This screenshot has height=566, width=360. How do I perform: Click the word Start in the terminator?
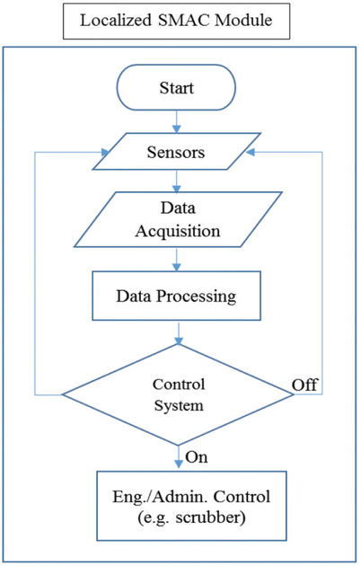coord(176,88)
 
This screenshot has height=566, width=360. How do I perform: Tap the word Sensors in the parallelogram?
coord(176,152)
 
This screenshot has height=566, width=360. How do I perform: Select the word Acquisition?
coord(178,232)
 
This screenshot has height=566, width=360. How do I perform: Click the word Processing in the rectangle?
coord(197,296)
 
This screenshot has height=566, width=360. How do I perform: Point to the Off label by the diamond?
coord(305,385)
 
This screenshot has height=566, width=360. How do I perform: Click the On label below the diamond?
coord(197,457)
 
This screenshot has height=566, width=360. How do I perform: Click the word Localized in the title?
coord(116,20)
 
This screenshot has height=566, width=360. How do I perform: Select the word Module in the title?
coord(243,20)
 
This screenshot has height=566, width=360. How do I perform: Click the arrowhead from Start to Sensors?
coord(176,128)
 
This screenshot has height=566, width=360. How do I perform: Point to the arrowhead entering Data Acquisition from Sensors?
coord(176,188)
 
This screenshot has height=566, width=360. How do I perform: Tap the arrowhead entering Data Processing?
coord(176,267)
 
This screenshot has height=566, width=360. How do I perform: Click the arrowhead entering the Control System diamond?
coord(179,340)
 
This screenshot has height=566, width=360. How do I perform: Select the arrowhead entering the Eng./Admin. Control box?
coord(179,464)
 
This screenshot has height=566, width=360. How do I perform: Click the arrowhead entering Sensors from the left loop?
coord(105,153)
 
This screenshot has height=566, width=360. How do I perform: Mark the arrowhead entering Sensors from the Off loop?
coord(250,153)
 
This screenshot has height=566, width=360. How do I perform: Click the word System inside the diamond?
coord(179,406)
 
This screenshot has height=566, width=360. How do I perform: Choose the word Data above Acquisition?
coord(178,208)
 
